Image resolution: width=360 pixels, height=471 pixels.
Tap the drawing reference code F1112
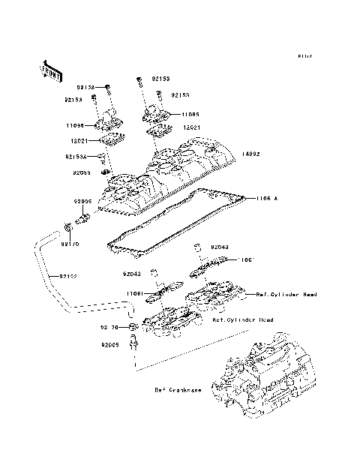click(x=304, y=56)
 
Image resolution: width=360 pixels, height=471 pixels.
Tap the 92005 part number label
click(x=104, y=346)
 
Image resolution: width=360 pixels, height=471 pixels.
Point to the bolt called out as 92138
click(x=108, y=88)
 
